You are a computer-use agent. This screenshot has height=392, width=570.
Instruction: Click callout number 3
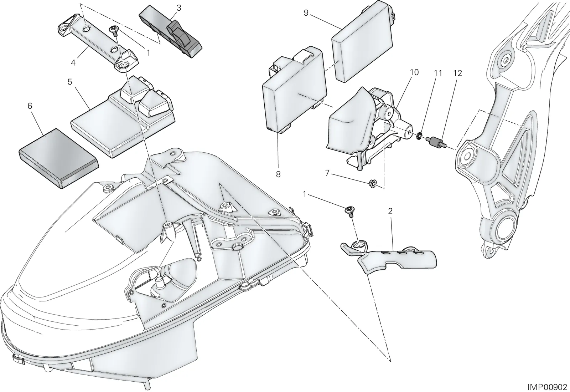tap(179, 8)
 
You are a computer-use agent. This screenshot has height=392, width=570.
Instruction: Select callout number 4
tap(73, 63)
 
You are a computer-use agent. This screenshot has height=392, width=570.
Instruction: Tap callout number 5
tap(70, 82)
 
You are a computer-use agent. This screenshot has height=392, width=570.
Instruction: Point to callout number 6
tap(30, 106)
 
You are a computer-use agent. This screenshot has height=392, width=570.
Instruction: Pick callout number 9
tap(306, 13)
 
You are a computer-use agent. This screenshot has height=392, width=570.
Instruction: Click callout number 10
tap(414, 72)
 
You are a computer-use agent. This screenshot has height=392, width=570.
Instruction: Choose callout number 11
tap(438, 73)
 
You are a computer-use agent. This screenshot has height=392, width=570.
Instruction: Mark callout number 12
tap(457, 73)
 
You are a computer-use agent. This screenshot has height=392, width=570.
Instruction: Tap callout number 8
tap(278, 174)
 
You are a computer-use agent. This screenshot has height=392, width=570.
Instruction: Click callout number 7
tap(327, 173)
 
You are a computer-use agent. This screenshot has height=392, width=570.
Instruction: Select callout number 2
tap(390, 211)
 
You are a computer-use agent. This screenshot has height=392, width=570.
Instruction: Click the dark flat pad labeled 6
tap(58, 158)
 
